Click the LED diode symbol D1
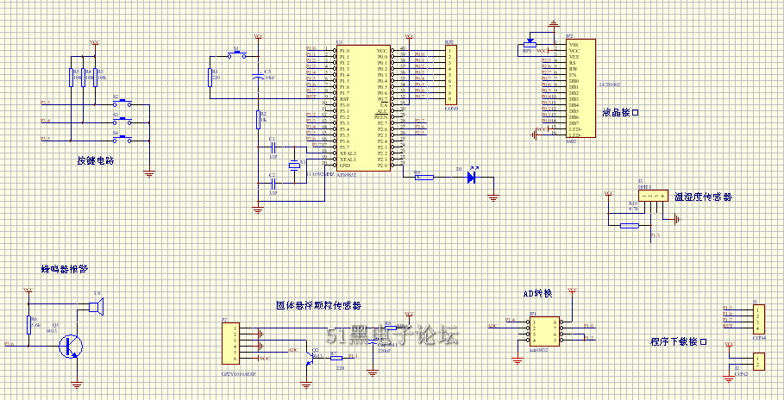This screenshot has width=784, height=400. coord(471,178)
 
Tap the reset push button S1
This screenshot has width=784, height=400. coord(237,57)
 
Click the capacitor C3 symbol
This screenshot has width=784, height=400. coord(256,78)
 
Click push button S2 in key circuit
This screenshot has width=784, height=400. coord(126,103)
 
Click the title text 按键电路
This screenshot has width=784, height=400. coord(95,161)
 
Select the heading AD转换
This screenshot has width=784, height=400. coord(536,294)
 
